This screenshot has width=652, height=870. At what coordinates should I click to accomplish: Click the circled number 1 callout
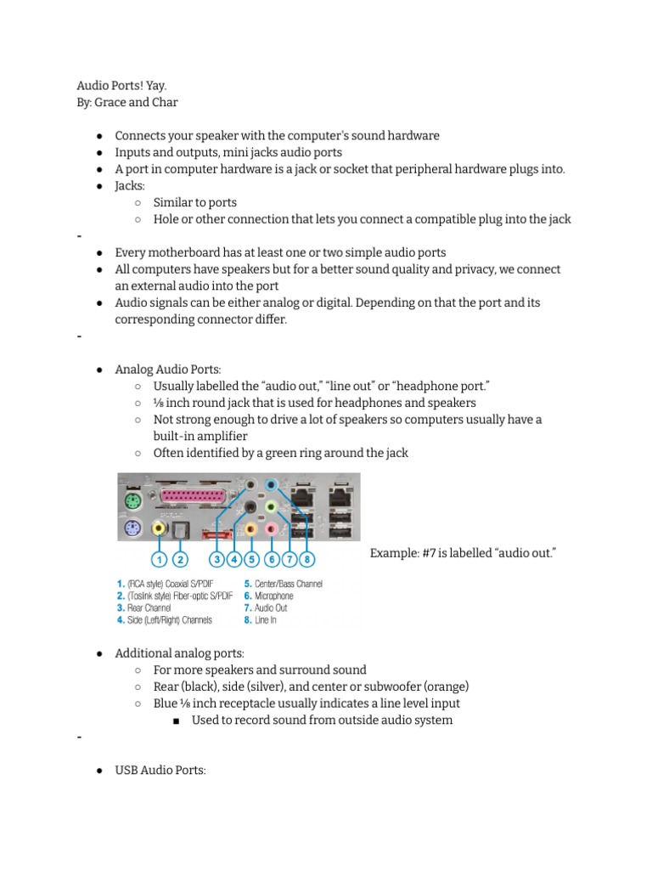[158, 559]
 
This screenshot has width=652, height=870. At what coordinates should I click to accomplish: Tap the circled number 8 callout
[307, 559]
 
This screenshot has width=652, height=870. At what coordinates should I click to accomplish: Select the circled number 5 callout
[252, 559]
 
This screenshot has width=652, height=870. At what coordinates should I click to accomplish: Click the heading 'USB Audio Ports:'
[160, 771]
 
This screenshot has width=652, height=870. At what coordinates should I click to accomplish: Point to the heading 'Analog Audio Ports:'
[167, 370]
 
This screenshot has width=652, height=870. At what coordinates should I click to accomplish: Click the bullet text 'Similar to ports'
[195, 202]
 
